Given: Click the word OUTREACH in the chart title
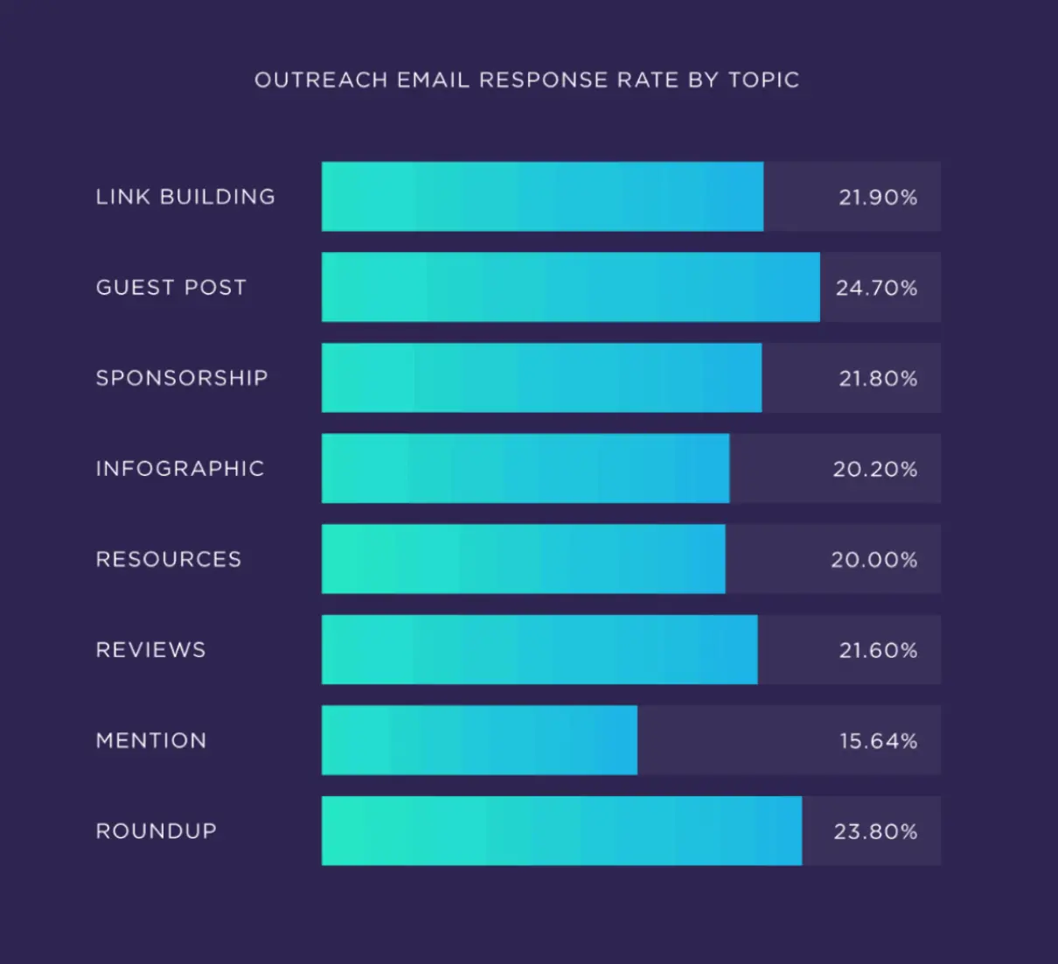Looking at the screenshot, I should point(320,80).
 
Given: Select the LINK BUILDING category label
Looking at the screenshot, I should point(185,197).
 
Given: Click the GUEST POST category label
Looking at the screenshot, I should point(171,288).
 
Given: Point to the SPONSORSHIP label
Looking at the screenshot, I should point(182,378).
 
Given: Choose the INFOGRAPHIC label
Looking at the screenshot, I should point(180,469).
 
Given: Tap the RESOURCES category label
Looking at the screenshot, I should point(169,560).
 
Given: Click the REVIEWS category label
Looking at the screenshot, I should point(151,650).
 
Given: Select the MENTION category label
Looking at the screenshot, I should point(151,741).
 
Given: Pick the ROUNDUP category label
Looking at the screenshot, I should point(157,831).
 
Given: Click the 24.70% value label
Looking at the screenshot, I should point(876,288).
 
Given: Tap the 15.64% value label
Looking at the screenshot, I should point(878,741).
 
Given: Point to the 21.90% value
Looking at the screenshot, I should point(878,198).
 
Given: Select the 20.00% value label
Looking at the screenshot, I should point(874,560).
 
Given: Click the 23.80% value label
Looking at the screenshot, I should point(875,831).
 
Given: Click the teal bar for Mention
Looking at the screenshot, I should point(479,740).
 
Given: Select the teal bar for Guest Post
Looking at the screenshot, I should point(570,287).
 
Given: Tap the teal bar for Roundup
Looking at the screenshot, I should point(561,831).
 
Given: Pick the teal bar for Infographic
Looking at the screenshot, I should point(525,468).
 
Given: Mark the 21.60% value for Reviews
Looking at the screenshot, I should point(878,650).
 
